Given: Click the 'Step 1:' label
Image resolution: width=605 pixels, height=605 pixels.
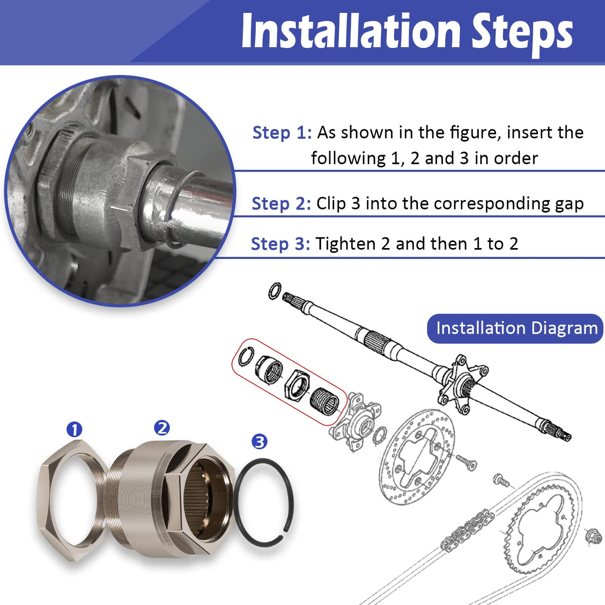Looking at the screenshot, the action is pos(282,133).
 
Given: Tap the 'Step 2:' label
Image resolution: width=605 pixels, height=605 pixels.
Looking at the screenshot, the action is pos(281,204).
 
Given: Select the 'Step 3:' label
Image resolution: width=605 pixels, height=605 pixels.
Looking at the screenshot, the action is pos(281,244).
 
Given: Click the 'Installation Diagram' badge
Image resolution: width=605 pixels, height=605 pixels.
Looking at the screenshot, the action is pos(515,328).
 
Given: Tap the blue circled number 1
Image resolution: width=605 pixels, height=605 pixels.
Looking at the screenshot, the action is pos(74,430).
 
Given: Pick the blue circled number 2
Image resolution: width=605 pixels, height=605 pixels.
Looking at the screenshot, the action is pos(162,428).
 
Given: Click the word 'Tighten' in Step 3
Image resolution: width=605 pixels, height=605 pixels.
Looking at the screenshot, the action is pos(345,245).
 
